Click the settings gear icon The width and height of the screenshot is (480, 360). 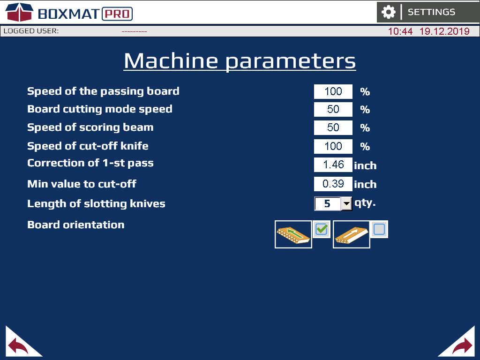(x=388, y=12)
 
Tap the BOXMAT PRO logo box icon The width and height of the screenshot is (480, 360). (x=19, y=12)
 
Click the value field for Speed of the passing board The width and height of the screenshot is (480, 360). (x=333, y=91)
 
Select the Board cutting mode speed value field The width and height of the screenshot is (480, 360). (x=333, y=109)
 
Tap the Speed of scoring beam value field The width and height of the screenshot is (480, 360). (x=333, y=127)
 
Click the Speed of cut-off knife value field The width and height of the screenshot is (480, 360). (x=333, y=146)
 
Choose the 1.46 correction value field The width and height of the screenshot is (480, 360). (x=333, y=165)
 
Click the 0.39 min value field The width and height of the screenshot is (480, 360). (x=333, y=184)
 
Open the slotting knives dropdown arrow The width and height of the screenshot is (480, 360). (x=346, y=203)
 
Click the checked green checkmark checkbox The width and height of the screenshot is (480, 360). (x=322, y=229)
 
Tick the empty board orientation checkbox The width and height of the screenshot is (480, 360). (x=379, y=229)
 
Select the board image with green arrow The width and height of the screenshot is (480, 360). (x=293, y=234)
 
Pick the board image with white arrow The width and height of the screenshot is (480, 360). (x=352, y=234)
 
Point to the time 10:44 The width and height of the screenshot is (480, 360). (x=400, y=31)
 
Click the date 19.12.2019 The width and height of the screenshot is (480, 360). (x=444, y=31)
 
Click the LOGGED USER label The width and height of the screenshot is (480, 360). (x=31, y=31)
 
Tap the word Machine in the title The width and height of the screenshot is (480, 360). (x=171, y=60)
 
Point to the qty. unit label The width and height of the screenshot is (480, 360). (x=365, y=203)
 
